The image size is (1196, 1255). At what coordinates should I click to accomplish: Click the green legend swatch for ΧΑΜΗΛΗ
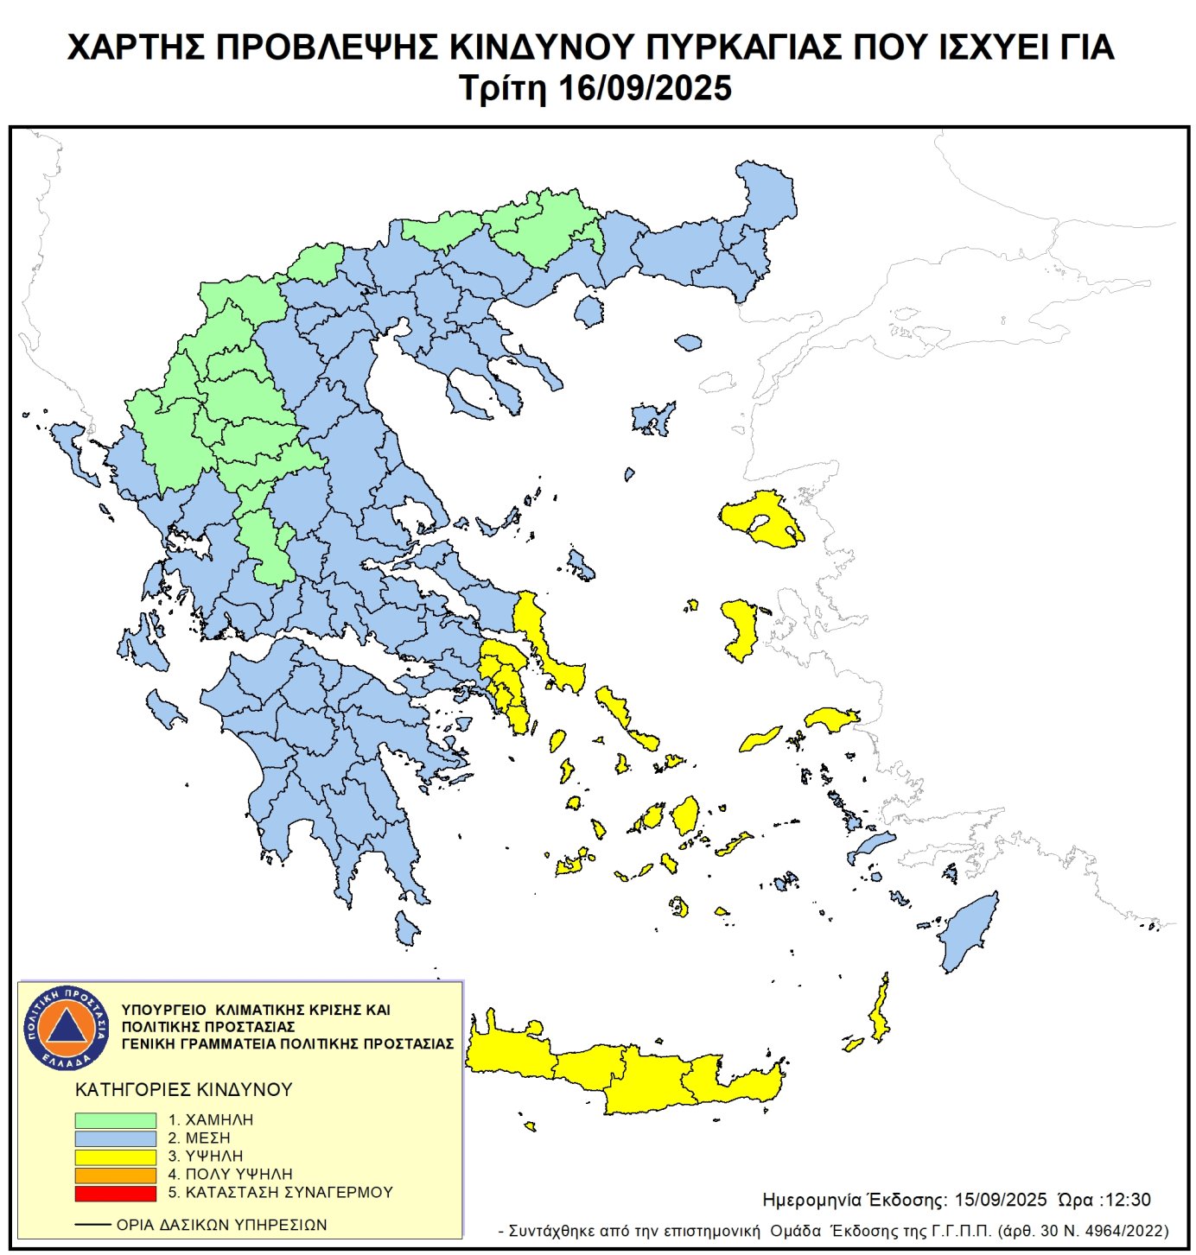pos(115,1119)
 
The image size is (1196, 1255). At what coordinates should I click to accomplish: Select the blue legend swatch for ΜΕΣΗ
pos(115,1138)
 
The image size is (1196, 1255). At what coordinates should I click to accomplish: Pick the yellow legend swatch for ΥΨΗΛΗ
pos(115,1157)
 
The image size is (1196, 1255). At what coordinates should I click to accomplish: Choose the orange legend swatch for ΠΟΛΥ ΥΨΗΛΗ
pos(115,1175)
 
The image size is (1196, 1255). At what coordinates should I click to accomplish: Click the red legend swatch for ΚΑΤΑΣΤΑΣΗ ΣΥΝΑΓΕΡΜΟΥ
pos(115,1193)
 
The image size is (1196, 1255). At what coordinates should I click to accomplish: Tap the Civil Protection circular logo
pos(67,1027)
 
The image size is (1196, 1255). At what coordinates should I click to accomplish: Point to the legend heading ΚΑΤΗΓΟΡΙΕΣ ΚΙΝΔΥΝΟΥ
pos(184,1089)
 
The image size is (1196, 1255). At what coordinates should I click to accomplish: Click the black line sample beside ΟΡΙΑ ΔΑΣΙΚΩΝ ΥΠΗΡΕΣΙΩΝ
pos(92,1225)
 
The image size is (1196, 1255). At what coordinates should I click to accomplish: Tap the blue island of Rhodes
pos(970,933)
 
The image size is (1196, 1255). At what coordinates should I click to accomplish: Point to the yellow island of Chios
pos(741,629)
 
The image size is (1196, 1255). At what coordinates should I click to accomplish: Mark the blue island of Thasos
pos(589,311)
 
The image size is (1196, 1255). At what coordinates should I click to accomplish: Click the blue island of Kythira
pos(405,929)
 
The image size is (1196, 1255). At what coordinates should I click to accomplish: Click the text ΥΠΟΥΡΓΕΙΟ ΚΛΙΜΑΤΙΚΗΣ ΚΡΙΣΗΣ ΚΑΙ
pos(256,1010)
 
